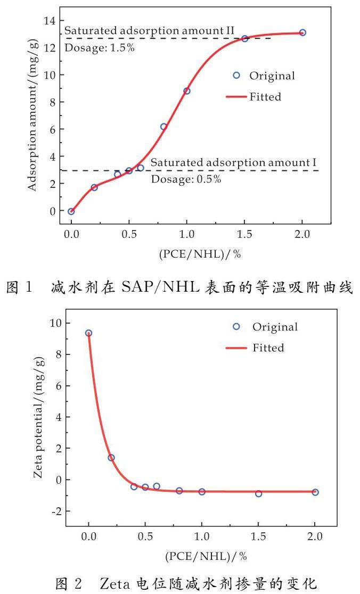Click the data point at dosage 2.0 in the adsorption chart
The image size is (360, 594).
click(x=302, y=32)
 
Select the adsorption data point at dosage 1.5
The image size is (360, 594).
click(x=244, y=39)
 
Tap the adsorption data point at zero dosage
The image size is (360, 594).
click(x=71, y=211)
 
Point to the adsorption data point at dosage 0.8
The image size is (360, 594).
click(x=163, y=127)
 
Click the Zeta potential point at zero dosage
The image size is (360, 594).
click(x=88, y=333)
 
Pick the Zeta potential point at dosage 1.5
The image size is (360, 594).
click(x=258, y=493)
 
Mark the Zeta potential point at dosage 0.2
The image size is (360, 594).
click(x=111, y=458)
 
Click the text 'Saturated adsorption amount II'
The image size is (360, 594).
click(x=149, y=31)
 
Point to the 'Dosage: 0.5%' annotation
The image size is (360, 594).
click(x=186, y=179)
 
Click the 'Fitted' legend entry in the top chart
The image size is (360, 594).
click(x=265, y=97)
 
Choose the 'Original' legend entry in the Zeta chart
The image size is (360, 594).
click(x=275, y=326)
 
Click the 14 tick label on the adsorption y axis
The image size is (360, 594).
click(x=50, y=20)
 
